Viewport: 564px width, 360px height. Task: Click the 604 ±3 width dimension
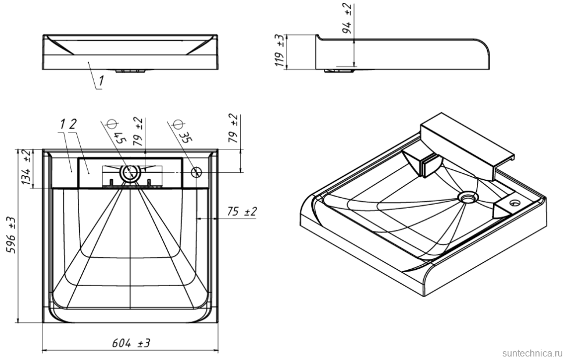131,343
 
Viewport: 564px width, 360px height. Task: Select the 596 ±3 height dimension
10,236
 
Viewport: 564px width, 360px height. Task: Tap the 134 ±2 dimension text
26,167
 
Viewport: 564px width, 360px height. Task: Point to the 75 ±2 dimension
242,212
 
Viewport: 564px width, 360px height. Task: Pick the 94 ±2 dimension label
347,18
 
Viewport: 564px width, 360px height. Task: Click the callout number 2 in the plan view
74,124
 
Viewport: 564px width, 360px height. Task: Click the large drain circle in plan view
130,172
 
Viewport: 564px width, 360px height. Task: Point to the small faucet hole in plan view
196,172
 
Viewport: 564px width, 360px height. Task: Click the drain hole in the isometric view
466,197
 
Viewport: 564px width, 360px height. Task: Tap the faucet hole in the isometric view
515,204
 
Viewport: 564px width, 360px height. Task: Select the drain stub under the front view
130,71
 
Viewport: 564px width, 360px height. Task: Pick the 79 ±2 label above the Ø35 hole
234,129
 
